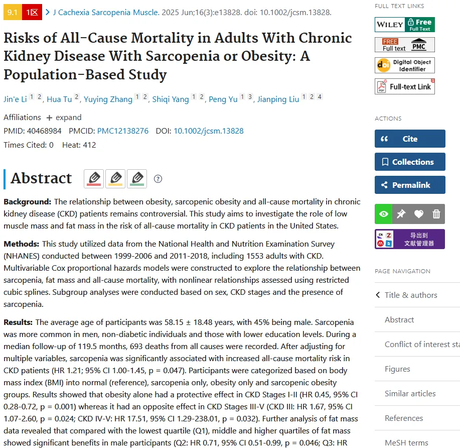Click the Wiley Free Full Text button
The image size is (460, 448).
[404, 25]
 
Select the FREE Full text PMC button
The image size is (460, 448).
[404, 45]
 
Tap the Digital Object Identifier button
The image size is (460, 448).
[404, 65]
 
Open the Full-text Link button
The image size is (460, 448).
[404, 87]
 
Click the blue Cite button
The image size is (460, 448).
[410, 139]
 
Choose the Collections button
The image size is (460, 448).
[410, 162]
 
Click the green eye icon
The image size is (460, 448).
[383, 214]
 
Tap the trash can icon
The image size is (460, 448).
[436, 214]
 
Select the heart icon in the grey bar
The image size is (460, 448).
[419, 214]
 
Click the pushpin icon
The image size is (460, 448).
[401, 214]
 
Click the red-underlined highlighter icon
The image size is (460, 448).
[94, 179]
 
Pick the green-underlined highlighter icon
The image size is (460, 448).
[137, 179]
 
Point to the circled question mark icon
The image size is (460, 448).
[158, 179]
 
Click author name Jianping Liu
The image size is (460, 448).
[278, 99]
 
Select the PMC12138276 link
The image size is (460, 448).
[122, 131]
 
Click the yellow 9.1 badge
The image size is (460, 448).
[13, 12]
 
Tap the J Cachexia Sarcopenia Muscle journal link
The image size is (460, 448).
[106, 13]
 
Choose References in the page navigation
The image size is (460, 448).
[404, 418]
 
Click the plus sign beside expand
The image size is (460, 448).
[49, 118]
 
